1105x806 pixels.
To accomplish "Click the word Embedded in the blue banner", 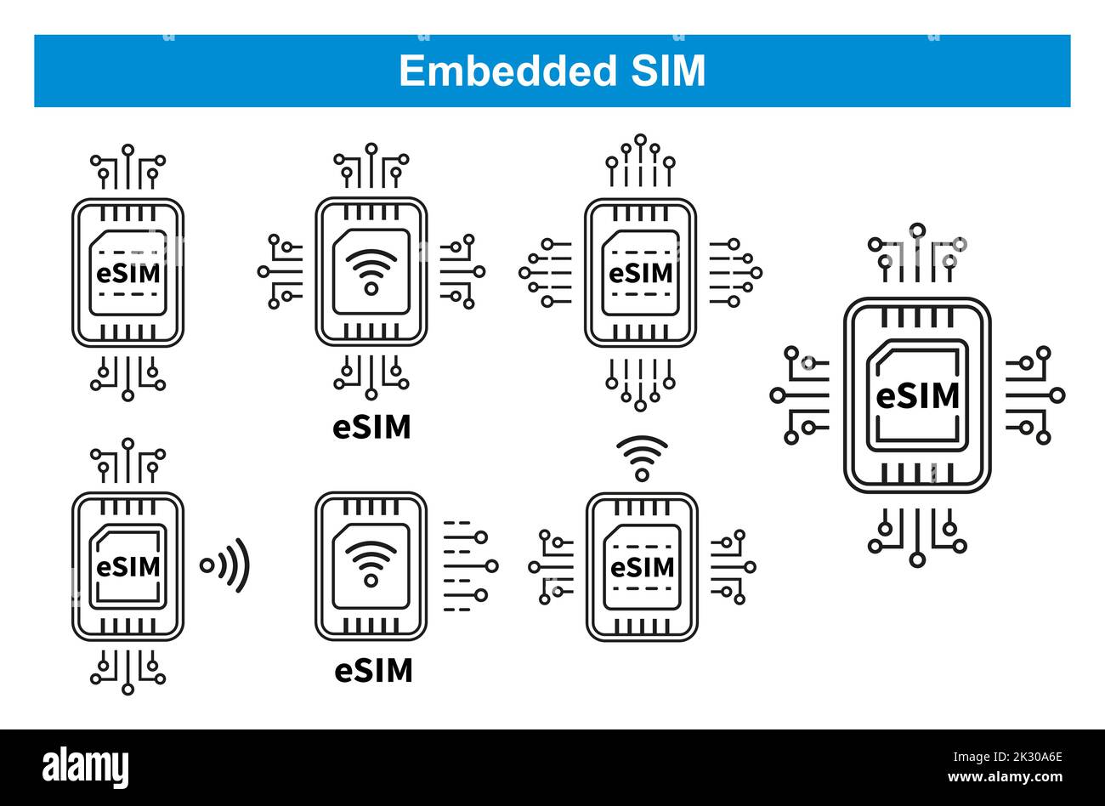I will point(507,71).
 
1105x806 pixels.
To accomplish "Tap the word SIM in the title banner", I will point(667,71).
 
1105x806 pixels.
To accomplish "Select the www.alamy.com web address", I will point(1006,775).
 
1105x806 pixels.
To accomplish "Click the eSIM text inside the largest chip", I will point(916,395).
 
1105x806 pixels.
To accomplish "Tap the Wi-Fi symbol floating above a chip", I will point(642,457).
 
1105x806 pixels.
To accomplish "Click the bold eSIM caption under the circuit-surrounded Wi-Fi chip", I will point(371,427).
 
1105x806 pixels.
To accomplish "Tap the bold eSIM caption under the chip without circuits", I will point(373,671).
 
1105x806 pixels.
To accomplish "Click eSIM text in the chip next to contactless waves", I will point(127,566).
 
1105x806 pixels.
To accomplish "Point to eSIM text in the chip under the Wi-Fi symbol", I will point(642,566).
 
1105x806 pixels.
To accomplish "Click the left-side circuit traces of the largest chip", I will point(800,395).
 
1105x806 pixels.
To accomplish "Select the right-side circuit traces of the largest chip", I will point(1034,395).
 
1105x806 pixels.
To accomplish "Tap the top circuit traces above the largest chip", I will point(916,253).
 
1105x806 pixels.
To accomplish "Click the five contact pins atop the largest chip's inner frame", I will point(916,318).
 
